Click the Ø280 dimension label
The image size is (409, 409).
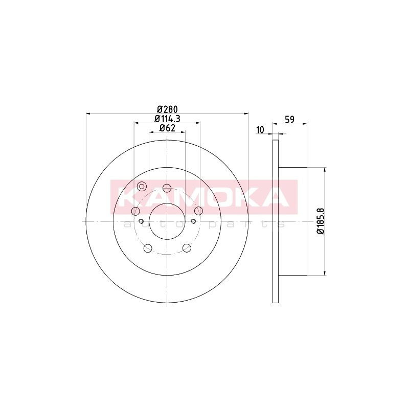pos(168,109)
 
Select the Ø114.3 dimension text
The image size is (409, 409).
pos(168,119)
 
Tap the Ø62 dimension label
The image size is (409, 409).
pos(167,128)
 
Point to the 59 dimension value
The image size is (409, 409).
pos(290,120)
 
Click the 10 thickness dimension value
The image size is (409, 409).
pos(260,130)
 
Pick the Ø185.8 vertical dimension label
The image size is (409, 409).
pos(320,221)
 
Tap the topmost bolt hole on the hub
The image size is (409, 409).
pos(167,188)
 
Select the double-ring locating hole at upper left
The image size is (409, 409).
pos(142,187)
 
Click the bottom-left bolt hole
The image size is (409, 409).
pos(148,248)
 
